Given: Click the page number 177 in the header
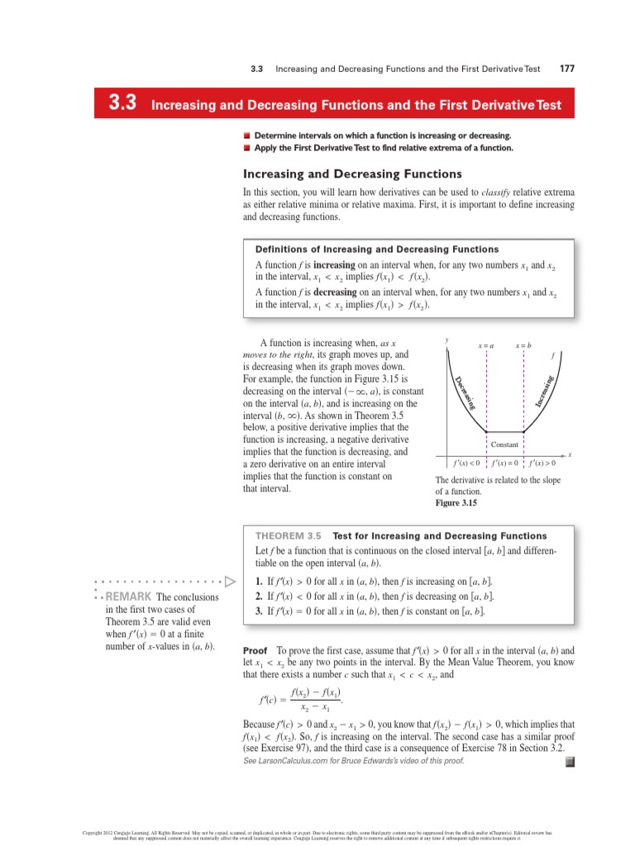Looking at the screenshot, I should (x=567, y=69).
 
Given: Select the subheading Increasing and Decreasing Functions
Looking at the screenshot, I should (x=351, y=174).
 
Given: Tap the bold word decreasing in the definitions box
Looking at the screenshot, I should (x=336, y=292).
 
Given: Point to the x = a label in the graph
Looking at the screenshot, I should (x=486, y=345).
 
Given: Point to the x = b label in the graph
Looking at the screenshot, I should (x=524, y=345).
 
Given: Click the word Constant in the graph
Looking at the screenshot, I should (x=504, y=444).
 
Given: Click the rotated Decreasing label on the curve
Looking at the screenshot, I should (x=466, y=392).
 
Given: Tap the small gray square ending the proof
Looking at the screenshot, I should (x=569, y=762).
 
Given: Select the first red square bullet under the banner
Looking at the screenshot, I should (x=246, y=135).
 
